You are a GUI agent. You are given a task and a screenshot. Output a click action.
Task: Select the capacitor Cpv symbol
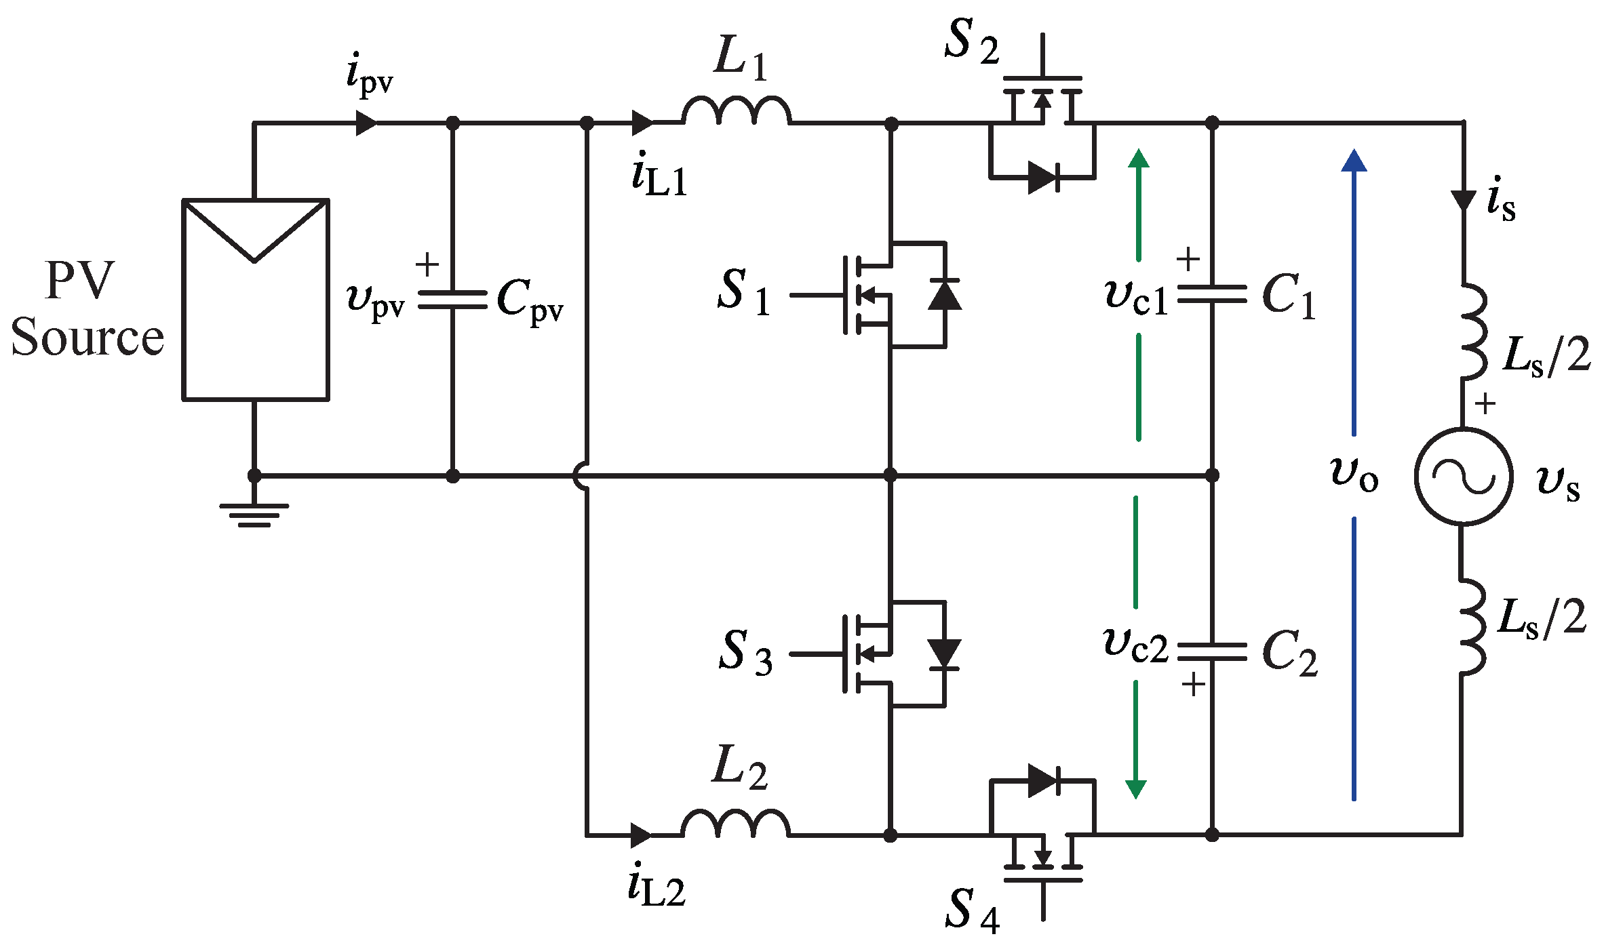coord(452,300)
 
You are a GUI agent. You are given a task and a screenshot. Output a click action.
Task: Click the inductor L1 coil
coord(736,112)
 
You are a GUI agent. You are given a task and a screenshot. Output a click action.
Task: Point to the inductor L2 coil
coord(736,824)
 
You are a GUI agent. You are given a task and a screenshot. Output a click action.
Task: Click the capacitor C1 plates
coord(1212,295)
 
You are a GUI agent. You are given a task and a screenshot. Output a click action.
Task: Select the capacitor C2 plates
coord(1212,651)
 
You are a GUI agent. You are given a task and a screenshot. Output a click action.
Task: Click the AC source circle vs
coord(1463,476)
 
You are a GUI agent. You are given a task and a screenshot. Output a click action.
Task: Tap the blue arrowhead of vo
coord(1354,161)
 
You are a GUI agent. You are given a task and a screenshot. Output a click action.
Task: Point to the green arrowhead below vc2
coord(1136,788)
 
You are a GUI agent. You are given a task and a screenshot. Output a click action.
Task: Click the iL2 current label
coord(656,887)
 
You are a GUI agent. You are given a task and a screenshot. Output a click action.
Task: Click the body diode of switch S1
coord(944,295)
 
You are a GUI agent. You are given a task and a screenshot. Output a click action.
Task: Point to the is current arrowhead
coord(1463,201)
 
